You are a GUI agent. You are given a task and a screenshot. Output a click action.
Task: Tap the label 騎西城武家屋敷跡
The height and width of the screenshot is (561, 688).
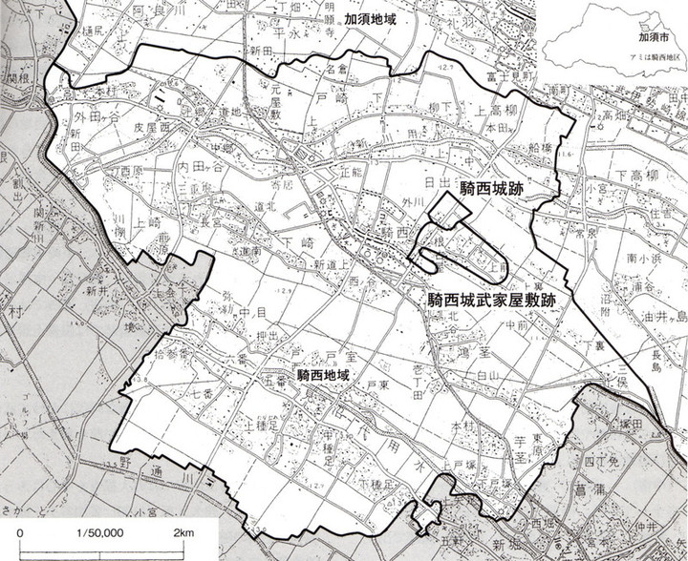492,299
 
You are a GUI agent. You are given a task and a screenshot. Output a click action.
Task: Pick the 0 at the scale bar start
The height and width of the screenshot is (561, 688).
22,532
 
